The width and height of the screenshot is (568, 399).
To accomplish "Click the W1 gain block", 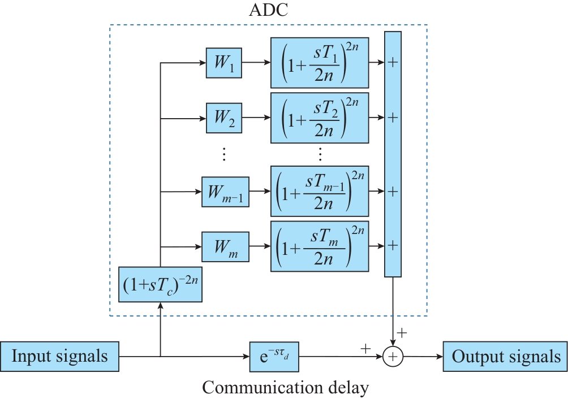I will click(224, 62).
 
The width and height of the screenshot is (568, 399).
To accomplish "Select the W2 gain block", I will click(224, 118).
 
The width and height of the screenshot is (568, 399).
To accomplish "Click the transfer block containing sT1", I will click(320, 62).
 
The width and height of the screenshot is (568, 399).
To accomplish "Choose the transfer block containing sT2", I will click(320, 118).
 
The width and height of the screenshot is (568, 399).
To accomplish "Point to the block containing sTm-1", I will click(320, 191).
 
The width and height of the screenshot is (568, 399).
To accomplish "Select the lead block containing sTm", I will click(320, 247).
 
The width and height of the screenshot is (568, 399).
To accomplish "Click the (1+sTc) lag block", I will click(161, 284).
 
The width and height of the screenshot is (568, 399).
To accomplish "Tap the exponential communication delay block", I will click(273, 357).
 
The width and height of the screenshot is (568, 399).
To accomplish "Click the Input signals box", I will click(59, 357).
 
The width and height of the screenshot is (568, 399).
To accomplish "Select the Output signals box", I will click(505, 357).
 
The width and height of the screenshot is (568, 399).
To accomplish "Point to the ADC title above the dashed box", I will click(268, 10).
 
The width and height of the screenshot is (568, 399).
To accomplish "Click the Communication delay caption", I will click(285, 388).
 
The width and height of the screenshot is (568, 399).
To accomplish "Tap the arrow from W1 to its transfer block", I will click(256, 62).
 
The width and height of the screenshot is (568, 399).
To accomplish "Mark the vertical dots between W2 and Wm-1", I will click(224, 154).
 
